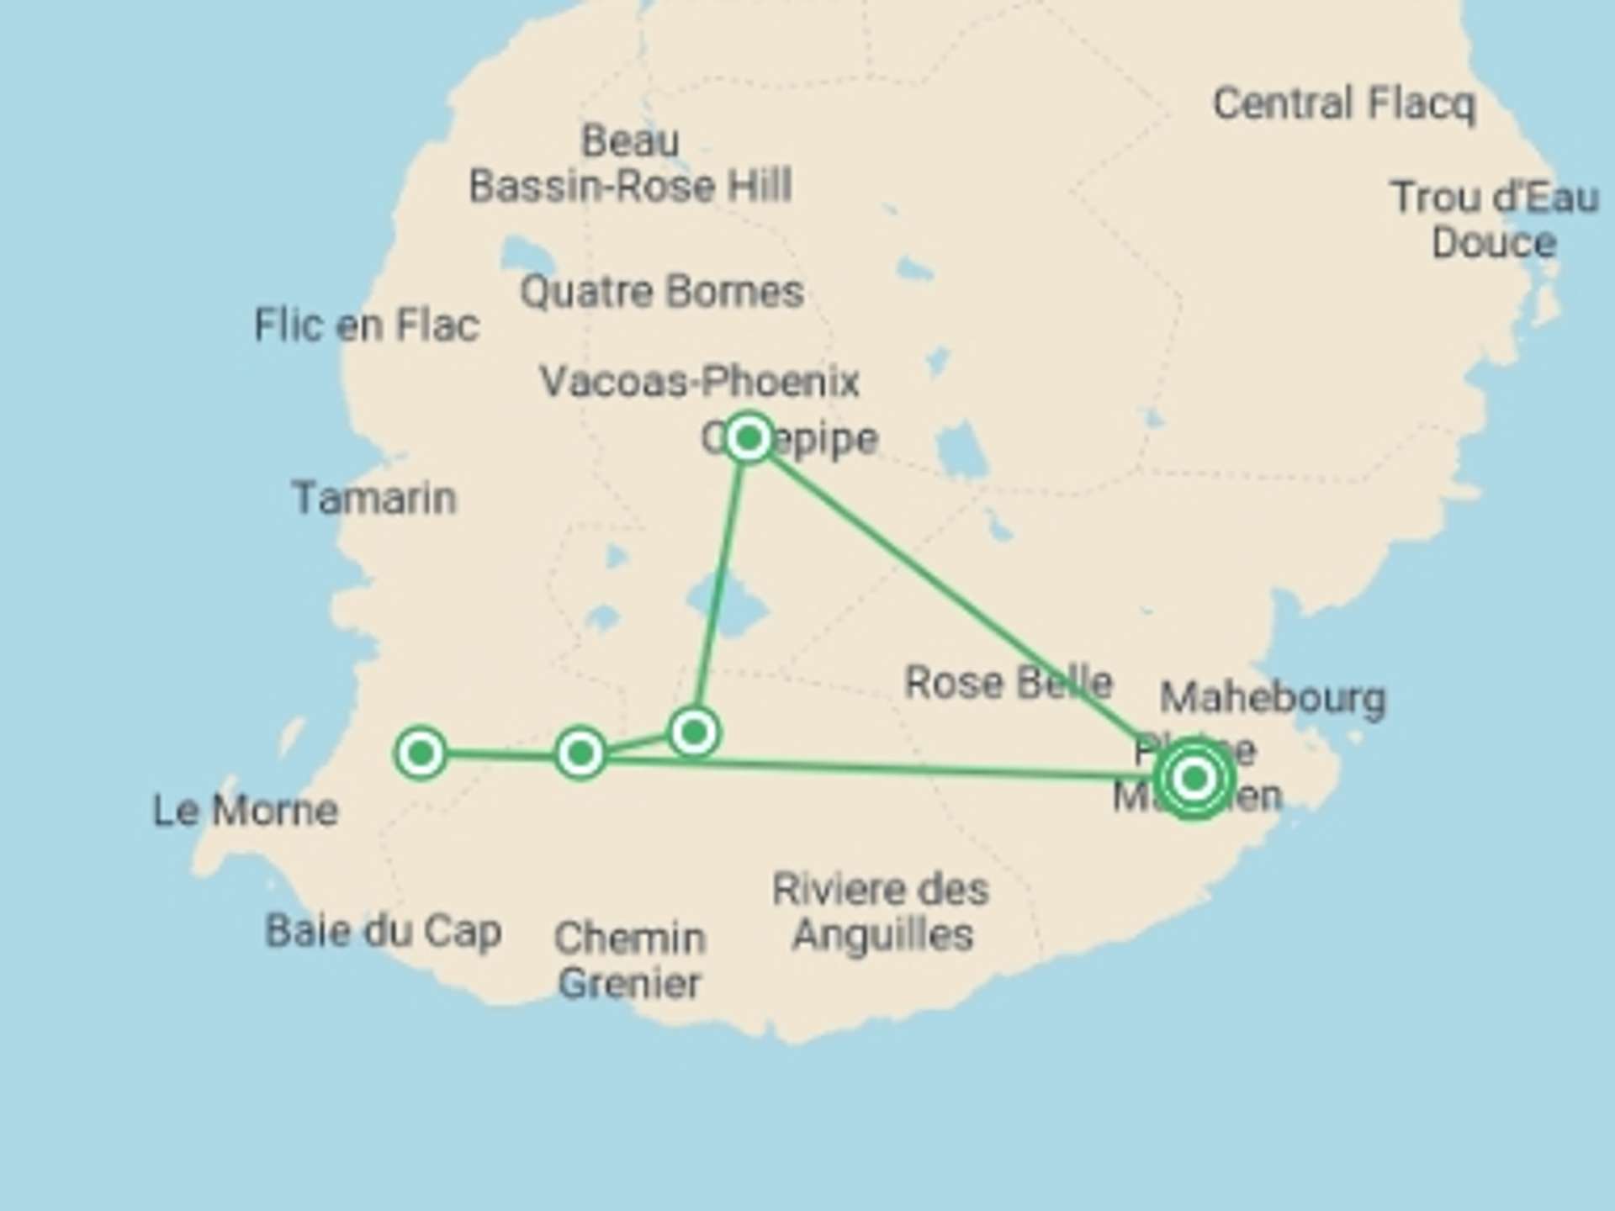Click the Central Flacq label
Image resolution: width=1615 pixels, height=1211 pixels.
(1343, 104)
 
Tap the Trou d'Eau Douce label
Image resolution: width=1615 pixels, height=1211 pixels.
(1494, 220)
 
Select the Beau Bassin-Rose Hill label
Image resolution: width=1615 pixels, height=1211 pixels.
(631, 163)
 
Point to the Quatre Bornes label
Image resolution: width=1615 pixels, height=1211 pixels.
(662, 293)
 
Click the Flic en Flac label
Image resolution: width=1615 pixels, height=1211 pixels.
(367, 325)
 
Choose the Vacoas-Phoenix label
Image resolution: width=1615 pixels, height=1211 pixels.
(699, 382)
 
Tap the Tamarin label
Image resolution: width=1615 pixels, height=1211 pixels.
(374, 498)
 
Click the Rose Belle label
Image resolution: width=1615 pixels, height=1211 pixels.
(1008, 682)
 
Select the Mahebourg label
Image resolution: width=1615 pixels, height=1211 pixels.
(1273, 698)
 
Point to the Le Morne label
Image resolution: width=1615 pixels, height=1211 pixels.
(246, 811)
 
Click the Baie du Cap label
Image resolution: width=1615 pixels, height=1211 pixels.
(384, 931)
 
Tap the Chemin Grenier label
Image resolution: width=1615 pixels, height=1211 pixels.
(629, 960)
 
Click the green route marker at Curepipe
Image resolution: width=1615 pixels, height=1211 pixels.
(749, 438)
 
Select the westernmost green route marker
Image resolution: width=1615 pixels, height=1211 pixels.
(421, 753)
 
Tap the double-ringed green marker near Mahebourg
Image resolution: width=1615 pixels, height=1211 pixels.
(1194, 779)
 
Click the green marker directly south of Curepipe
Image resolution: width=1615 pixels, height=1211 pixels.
(694, 732)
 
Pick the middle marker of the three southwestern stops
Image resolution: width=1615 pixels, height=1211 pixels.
(580, 753)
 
